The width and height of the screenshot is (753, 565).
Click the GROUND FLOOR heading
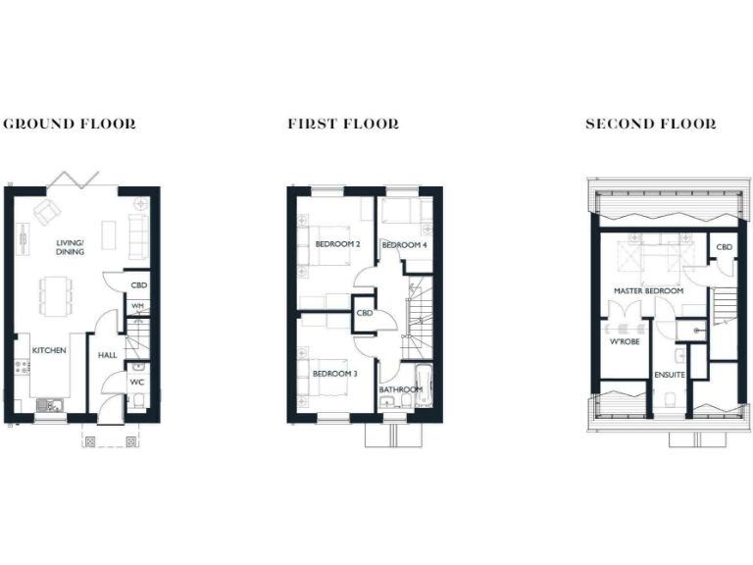click(70, 125)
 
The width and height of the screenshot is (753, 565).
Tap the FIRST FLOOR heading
click(343, 125)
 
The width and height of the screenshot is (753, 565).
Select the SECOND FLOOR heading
click(650, 125)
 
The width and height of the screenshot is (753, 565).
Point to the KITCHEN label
click(48, 350)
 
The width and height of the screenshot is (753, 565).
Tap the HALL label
click(107, 356)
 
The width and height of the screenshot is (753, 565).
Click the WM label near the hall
click(138, 306)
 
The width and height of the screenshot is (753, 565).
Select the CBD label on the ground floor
click(138, 285)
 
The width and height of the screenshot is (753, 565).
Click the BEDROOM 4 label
click(405, 244)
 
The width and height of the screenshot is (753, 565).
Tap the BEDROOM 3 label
click(335, 374)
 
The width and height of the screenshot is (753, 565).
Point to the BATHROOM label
click(401, 389)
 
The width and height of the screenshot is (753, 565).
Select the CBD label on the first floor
click(365, 314)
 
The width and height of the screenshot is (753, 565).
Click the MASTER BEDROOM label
click(648, 292)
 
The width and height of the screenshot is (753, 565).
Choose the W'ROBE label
click(625, 342)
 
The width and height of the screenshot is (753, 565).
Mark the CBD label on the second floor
click(725, 247)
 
